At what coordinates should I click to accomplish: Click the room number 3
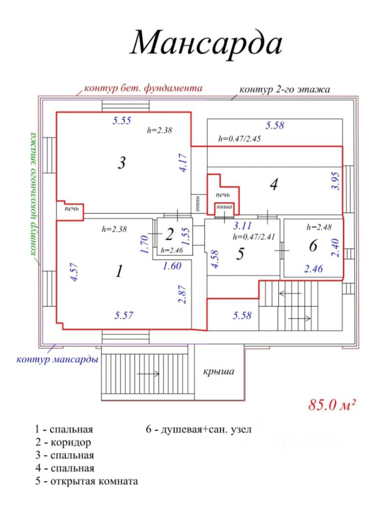coord(122,162)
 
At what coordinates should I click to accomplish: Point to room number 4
coord(273,185)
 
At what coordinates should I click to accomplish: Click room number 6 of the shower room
coord(314,246)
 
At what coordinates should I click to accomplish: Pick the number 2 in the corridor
coord(169,234)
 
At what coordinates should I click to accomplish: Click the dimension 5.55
coord(122,121)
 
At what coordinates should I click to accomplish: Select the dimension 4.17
coord(184,162)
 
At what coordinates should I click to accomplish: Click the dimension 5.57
coord(124,316)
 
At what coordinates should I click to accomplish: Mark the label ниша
coord(223,206)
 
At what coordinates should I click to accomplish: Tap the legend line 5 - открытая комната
coord(86,481)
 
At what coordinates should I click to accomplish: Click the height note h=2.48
coord(316,227)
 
